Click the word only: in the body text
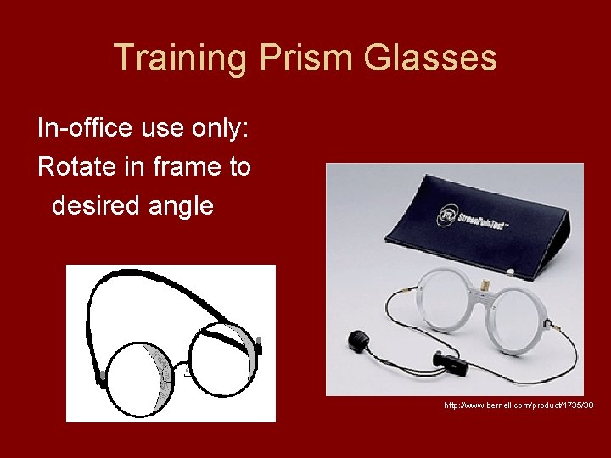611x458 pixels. pos(218,128)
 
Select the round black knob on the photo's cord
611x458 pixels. pos(354,341)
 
